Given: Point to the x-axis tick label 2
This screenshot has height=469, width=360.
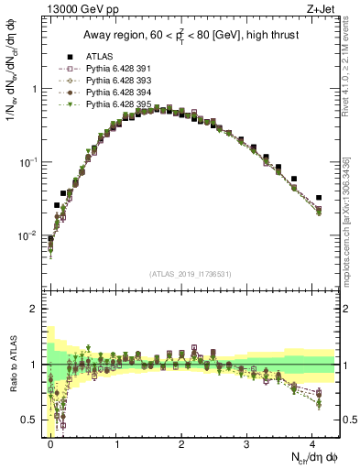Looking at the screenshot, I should pyautogui.click(x=183, y=443).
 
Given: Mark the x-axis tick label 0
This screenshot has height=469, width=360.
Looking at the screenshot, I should pyautogui.click(x=51, y=443).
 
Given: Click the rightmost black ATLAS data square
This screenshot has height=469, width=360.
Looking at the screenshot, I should pyautogui.click(x=319, y=197).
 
